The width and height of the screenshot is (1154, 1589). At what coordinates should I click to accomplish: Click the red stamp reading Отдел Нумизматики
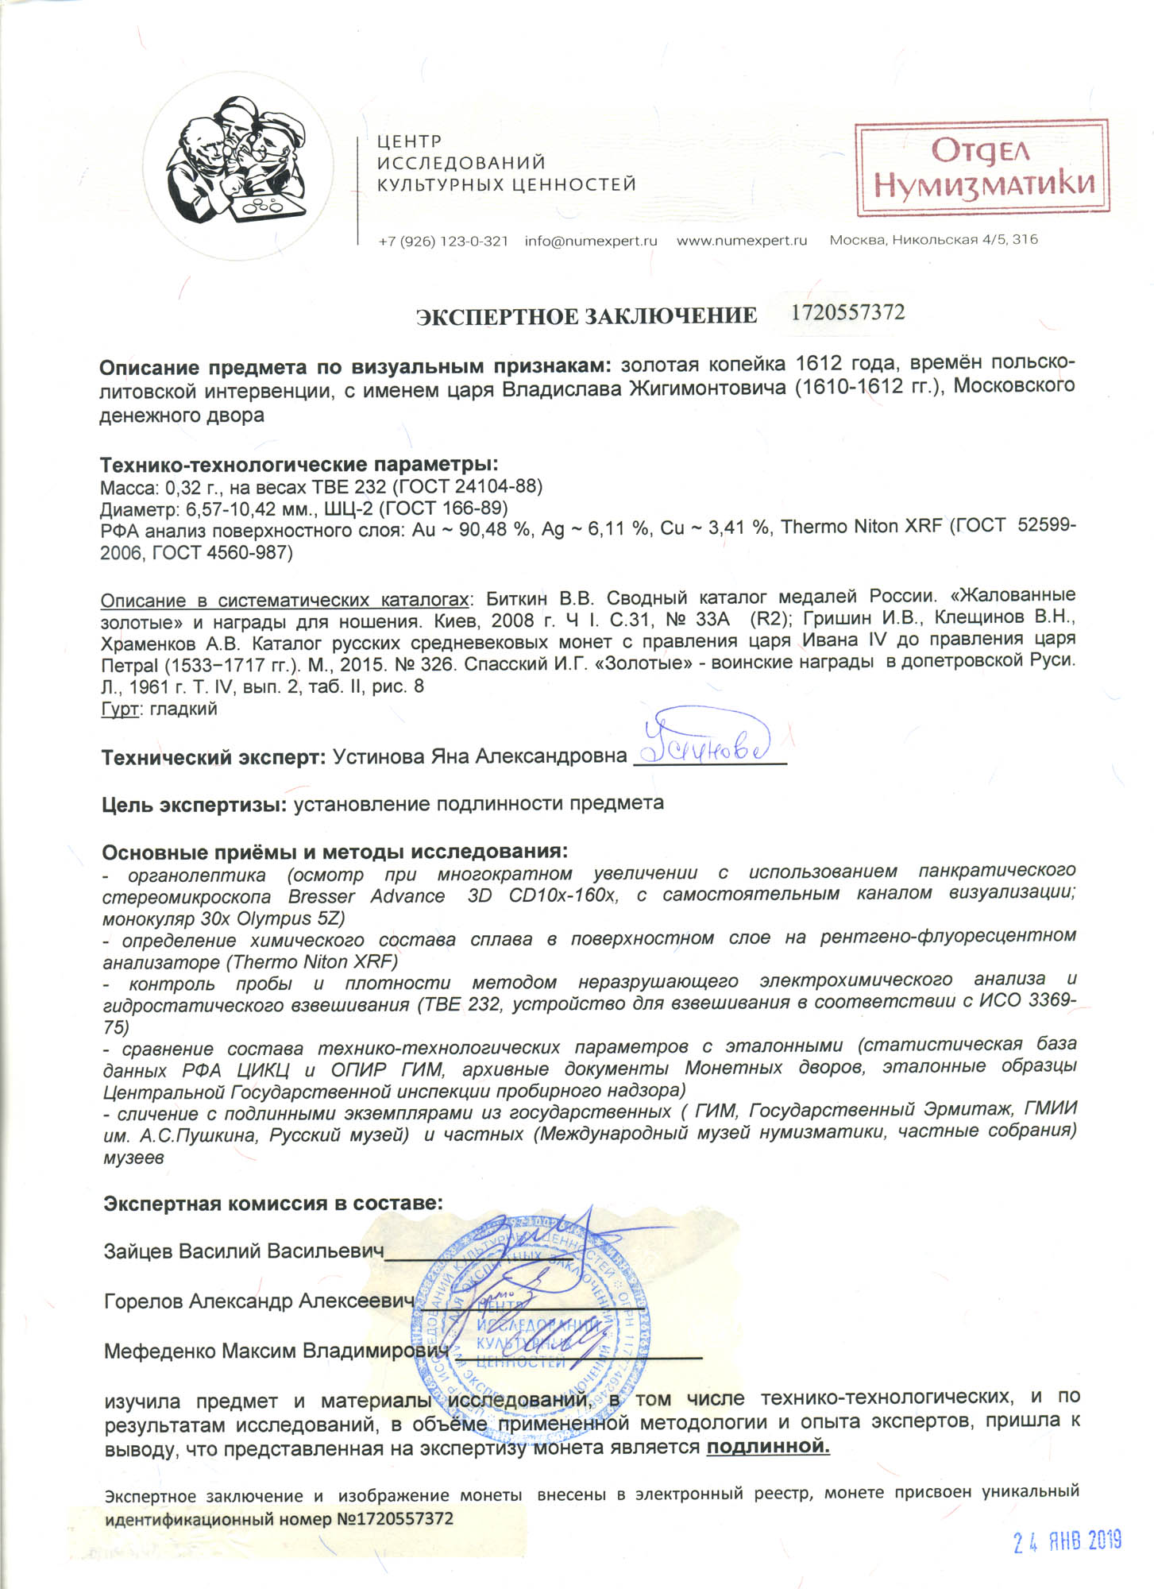[982, 168]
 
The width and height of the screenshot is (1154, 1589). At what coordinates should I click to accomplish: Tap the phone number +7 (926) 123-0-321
[443, 242]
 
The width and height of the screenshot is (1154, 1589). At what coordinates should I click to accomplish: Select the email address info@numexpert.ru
[591, 242]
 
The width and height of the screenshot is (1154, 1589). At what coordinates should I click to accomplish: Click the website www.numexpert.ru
[742, 241]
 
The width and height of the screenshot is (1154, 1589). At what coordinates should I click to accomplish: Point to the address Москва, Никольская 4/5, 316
[933, 240]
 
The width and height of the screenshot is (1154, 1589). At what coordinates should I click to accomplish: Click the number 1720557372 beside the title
[847, 312]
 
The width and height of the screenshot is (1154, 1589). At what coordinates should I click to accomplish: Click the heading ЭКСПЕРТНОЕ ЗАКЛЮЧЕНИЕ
[587, 316]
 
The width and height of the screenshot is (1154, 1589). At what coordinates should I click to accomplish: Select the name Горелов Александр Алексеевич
[259, 1301]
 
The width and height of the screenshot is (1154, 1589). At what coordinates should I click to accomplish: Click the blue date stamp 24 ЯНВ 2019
[1067, 1541]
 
